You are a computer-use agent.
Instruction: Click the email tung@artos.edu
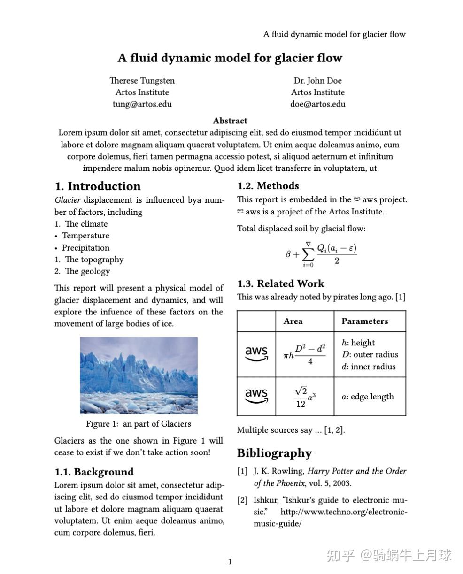click(142, 104)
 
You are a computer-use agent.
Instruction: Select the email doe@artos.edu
click(317, 104)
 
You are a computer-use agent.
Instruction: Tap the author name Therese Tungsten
click(142, 81)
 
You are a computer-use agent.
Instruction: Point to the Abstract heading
click(230, 121)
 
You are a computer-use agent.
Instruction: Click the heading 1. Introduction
click(98, 186)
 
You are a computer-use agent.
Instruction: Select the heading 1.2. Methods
click(268, 186)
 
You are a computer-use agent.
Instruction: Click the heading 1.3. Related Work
click(280, 283)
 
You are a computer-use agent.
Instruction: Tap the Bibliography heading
click(274, 453)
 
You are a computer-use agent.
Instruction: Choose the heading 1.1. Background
click(94, 472)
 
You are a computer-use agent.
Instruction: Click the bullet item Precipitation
click(85, 248)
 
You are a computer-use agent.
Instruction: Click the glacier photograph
click(139, 375)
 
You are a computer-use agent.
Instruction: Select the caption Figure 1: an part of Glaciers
click(138, 424)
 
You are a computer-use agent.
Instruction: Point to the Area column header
click(293, 321)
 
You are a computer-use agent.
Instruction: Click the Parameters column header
click(364, 321)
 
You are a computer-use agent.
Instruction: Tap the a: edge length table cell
click(367, 397)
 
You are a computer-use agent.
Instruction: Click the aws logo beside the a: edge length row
click(256, 396)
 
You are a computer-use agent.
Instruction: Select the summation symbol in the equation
click(308, 255)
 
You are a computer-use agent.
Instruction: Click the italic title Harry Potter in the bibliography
click(330, 471)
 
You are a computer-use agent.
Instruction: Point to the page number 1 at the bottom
click(230, 562)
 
